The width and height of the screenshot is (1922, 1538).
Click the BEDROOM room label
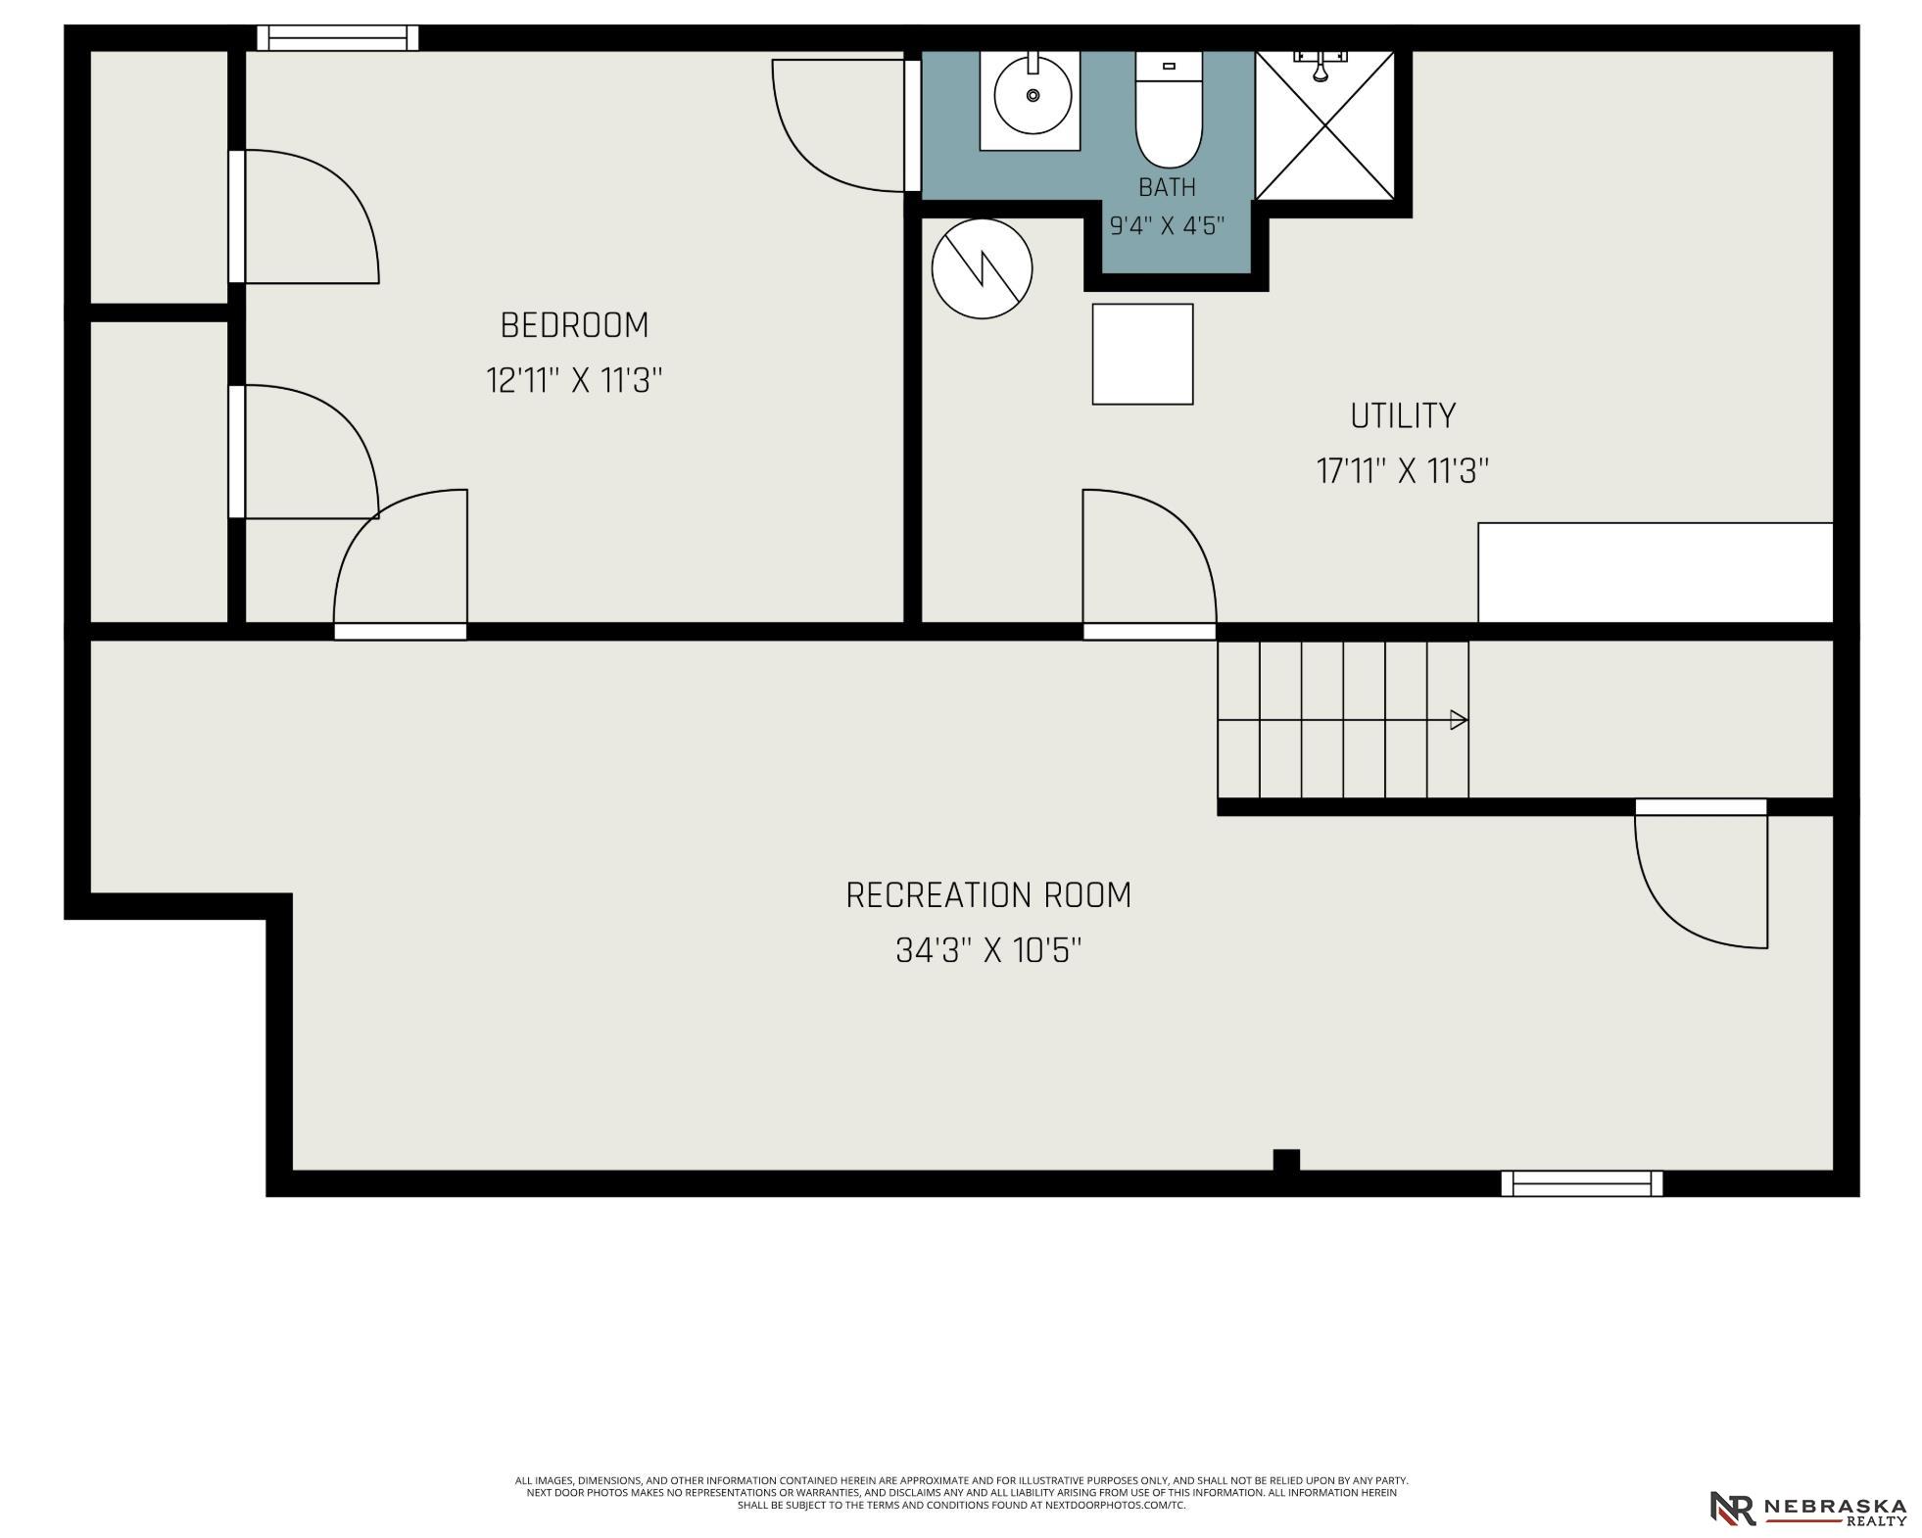click(x=574, y=325)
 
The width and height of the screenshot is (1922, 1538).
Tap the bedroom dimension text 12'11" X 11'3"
click(x=574, y=380)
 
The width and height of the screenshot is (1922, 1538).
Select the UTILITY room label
click(x=1403, y=416)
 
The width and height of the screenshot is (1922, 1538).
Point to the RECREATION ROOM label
click(x=988, y=895)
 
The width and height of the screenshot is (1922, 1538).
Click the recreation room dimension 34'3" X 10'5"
click(x=988, y=950)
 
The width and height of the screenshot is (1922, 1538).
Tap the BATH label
click(x=1167, y=187)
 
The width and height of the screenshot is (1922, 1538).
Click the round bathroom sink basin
click(x=1033, y=95)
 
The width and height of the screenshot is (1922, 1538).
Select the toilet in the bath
click(x=1169, y=109)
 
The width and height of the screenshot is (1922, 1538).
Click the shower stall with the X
click(x=1324, y=124)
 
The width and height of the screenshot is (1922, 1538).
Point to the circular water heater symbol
click(x=982, y=268)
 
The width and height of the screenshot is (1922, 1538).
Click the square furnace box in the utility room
click(x=1142, y=354)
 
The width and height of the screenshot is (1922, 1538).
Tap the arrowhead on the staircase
click(x=1459, y=720)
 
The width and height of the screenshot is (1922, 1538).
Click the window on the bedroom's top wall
click(x=338, y=38)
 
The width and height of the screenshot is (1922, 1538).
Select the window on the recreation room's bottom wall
click(x=1581, y=1183)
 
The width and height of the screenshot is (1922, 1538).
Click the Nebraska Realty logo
click(x=1807, y=1508)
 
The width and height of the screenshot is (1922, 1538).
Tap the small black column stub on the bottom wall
click(x=1286, y=1160)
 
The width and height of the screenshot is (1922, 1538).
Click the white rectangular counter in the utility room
click(x=1655, y=572)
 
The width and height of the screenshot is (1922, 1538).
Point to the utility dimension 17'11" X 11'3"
click(x=1403, y=471)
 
